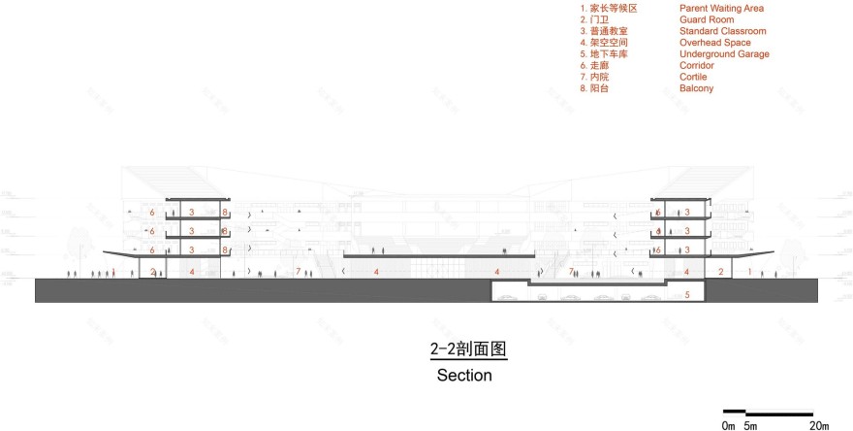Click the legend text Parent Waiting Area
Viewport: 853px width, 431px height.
(721, 9)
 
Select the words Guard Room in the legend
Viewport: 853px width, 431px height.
(707, 20)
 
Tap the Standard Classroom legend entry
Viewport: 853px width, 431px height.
(722, 32)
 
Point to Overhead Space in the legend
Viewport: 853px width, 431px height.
(715, 44)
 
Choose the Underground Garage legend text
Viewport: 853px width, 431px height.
(724, 54)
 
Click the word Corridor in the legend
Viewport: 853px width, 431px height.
(699, 66)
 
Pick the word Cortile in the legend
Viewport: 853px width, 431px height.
(694, 78)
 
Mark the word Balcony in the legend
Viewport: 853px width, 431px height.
(696, 89)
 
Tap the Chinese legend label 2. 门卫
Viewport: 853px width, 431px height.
(595, 20)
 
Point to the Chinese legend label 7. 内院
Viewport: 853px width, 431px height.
(595, 78)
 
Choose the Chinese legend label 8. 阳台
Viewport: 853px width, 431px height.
(595, 89)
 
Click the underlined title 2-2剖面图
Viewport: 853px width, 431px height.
(469, 348)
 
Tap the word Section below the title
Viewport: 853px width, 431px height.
(464, 375)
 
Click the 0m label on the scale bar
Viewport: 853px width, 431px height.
(728, 425)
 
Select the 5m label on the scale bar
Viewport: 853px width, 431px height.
(750, 425)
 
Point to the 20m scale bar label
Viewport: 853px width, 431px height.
(818, 425)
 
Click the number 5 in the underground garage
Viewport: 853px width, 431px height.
(687, 293)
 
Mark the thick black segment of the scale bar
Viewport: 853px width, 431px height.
(734, 412)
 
